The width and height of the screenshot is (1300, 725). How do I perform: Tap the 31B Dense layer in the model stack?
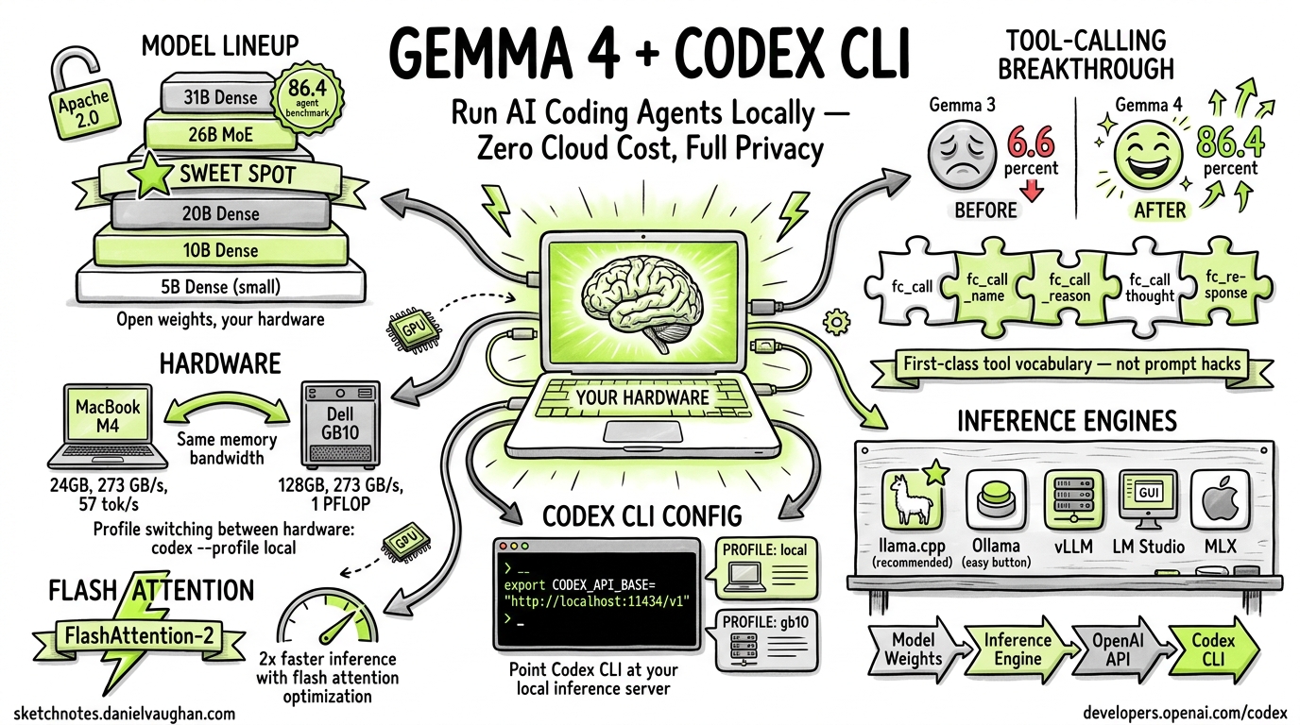[x=215, y=96]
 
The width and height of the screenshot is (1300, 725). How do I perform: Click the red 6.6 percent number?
[x=1031, y=144]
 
